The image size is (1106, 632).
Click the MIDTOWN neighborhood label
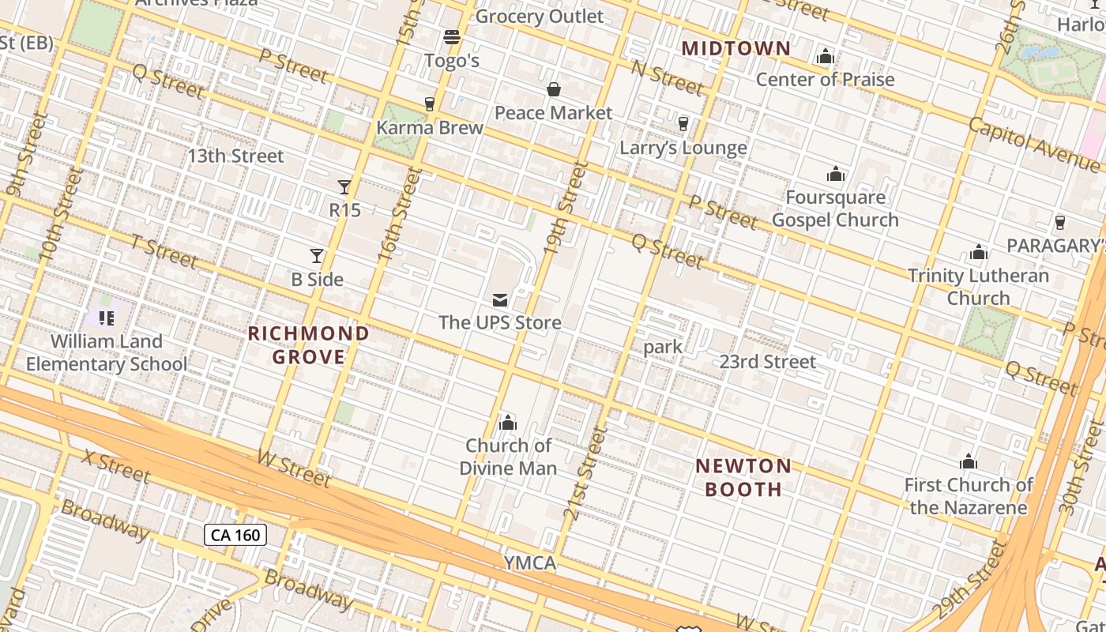735,48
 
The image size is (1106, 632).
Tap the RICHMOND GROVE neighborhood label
309,345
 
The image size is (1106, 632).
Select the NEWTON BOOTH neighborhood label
743,477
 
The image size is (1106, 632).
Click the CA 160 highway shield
236,535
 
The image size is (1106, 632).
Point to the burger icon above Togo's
452,37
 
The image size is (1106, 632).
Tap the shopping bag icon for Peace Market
554,89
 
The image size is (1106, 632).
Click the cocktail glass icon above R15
344,187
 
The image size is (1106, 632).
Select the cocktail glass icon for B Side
317,256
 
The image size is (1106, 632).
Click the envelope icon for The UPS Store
500,300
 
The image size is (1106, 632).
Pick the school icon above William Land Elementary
107,318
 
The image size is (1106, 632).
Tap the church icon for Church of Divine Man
508,423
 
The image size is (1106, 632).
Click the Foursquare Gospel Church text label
835,209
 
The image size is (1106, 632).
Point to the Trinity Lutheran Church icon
979,253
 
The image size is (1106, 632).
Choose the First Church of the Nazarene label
969,496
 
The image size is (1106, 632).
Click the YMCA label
530,563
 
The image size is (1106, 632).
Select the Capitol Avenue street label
1033,144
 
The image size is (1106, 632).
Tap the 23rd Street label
767,362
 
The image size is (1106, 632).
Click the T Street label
164,252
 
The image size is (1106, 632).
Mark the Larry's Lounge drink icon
683,124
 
